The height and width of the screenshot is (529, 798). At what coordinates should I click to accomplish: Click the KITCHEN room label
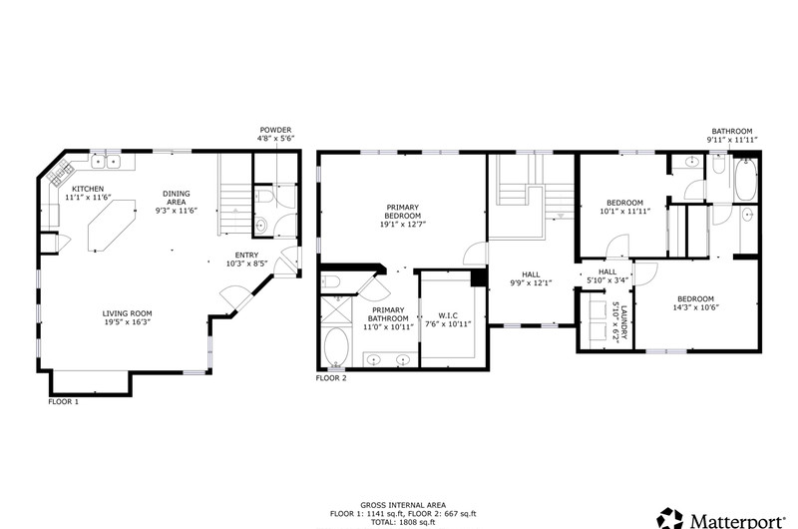88,189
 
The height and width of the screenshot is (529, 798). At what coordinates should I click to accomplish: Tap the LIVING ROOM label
128,313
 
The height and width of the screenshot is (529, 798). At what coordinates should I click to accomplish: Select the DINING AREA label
177,198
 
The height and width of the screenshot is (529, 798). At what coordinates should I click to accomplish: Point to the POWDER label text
276,130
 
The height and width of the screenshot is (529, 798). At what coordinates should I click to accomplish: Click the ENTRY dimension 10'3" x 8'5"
246,264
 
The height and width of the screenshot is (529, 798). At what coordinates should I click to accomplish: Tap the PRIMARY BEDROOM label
403,212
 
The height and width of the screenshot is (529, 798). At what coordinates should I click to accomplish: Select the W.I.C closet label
448,315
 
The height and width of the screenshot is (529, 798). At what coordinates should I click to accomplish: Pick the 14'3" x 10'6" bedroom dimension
695,307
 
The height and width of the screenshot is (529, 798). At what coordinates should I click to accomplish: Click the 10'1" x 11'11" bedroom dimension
625,211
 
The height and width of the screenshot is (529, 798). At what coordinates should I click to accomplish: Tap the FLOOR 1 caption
64,401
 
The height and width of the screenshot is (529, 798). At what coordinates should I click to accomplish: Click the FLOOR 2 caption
331,378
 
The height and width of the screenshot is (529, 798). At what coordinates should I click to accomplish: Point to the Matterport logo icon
669,518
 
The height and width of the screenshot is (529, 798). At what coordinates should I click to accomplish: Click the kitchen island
113,225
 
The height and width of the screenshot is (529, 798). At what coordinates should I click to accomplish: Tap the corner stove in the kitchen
58,173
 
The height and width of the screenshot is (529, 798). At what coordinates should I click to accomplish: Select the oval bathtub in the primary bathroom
336,347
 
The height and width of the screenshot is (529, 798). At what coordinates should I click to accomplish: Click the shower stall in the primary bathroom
336,310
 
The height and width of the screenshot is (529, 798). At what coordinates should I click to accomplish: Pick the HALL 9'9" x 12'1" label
531,279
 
